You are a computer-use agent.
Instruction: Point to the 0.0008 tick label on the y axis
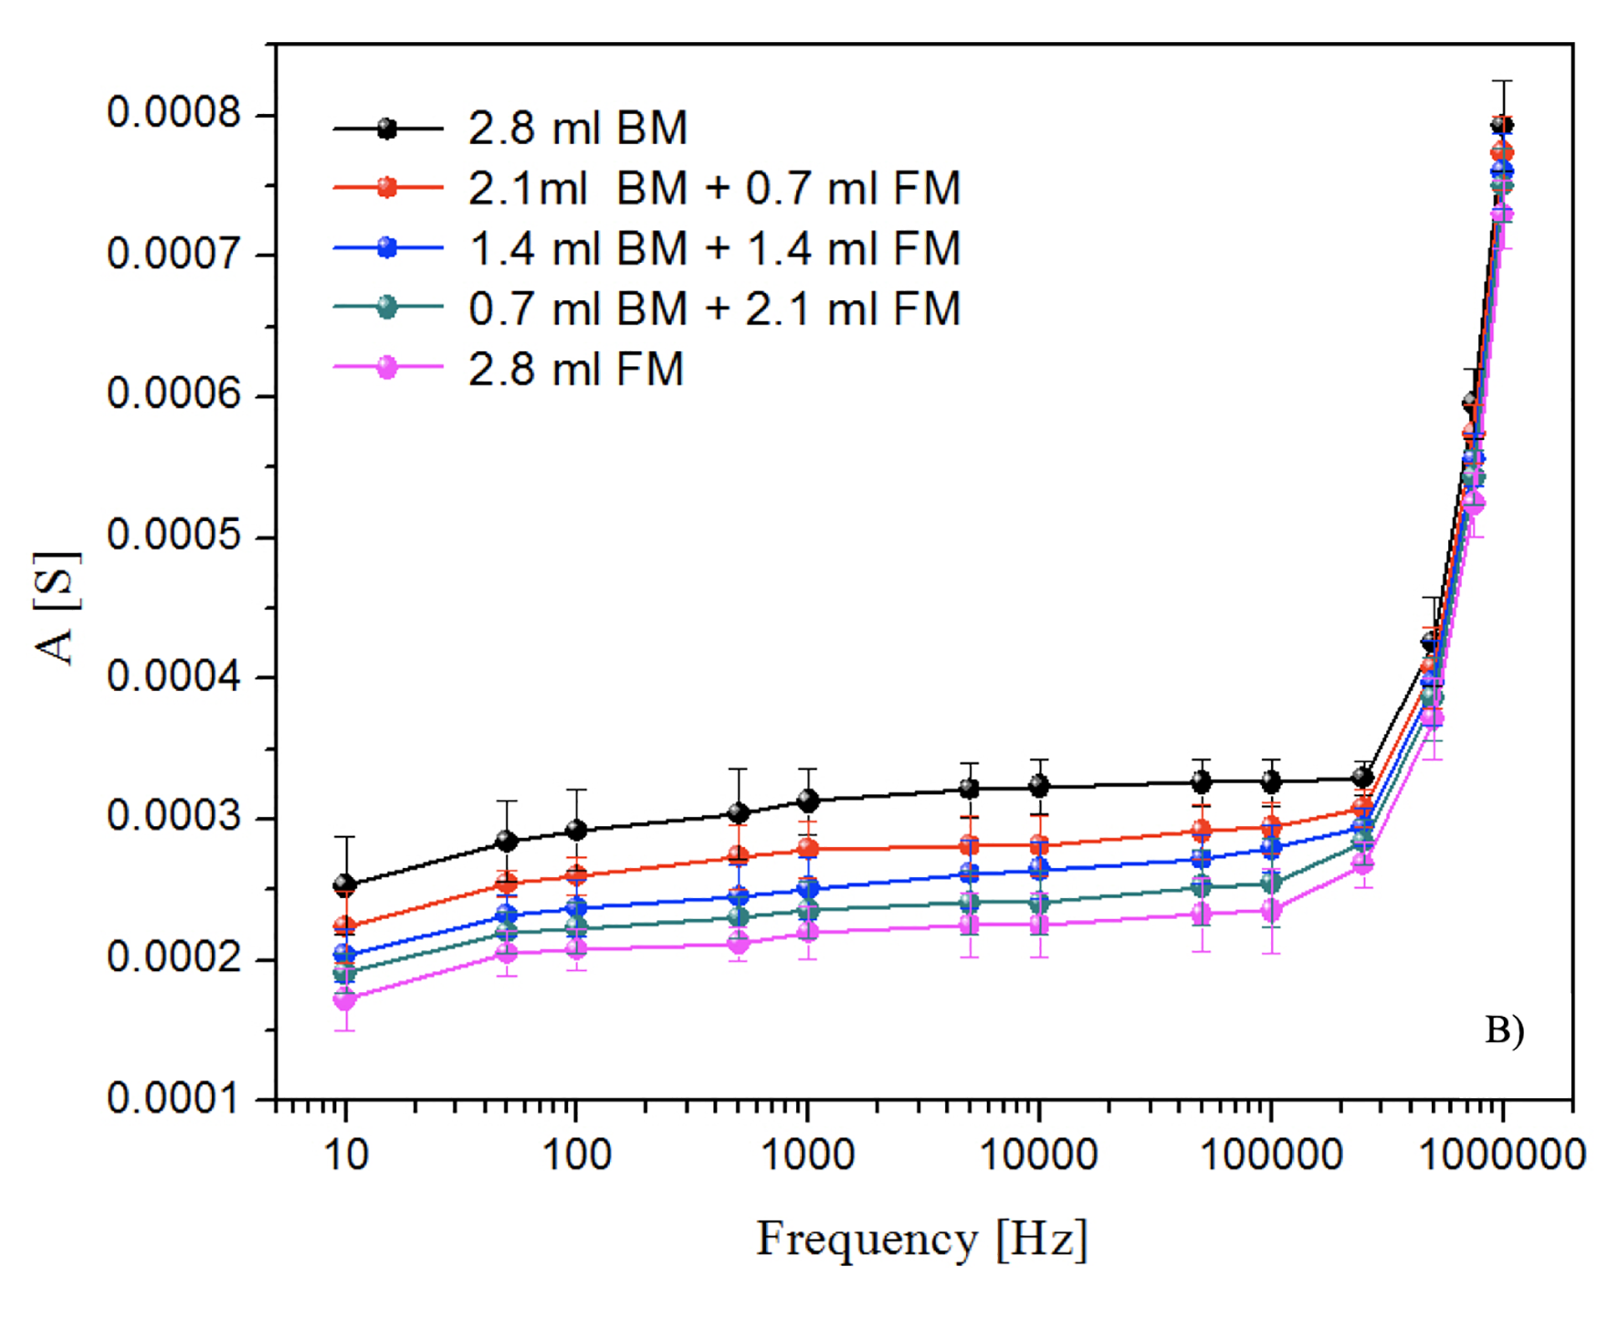click(173, 113)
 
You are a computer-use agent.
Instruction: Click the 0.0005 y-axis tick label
click(173, 535)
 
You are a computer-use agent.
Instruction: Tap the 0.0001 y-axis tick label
click(173, 1098)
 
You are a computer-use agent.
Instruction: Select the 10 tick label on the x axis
click(345, 1155)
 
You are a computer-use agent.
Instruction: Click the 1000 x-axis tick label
click(807, 1155)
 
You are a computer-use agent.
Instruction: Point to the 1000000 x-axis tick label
click(1502, 1155)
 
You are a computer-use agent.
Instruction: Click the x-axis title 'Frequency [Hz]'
click(921, 1239)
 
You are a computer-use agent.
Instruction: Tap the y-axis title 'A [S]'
click(57, 609)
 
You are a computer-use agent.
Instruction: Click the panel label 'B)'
click(1504, 1030)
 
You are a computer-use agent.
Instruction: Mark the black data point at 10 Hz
click(345, 884)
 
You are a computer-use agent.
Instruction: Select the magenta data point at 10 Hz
click(345, 999)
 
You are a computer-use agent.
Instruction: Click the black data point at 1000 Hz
click(807, 800)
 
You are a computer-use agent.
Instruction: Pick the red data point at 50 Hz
click(507, 883)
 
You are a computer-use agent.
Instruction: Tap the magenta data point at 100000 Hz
click(1271, 910)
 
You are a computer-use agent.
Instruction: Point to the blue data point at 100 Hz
click(576, 908)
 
